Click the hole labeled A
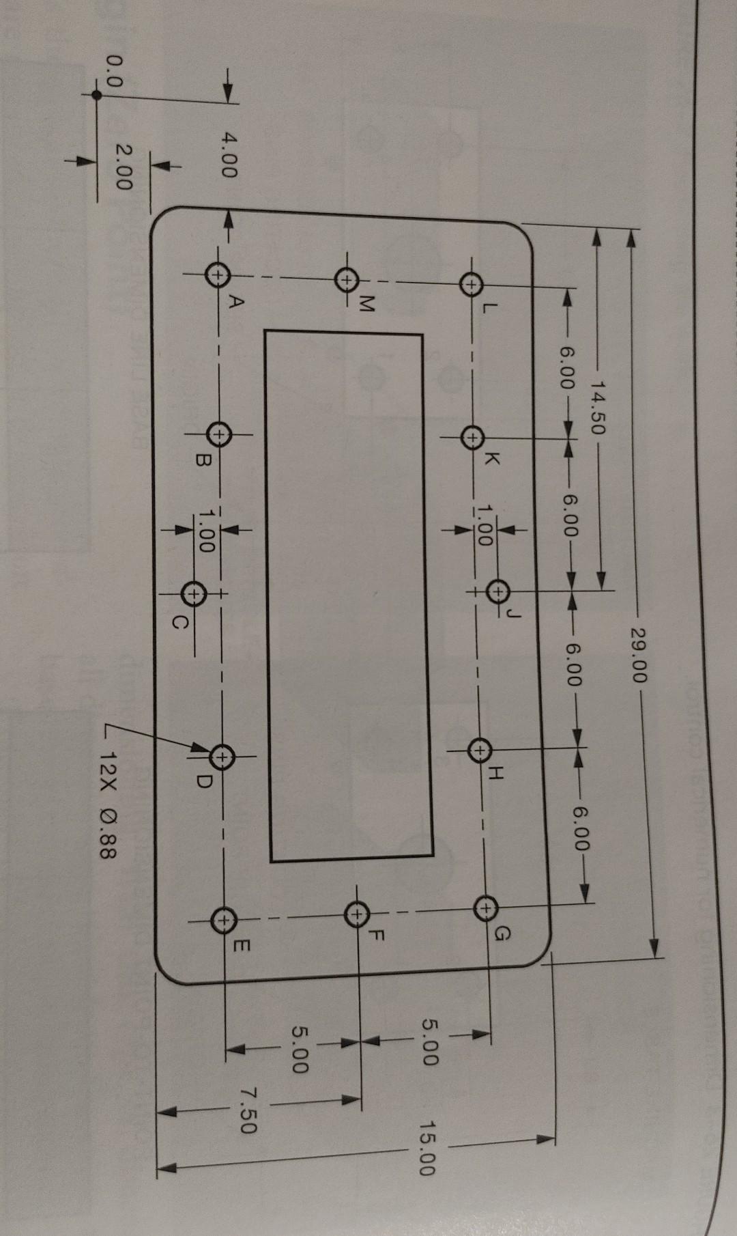click(217, 275)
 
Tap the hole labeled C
click(195, 593)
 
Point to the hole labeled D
click(222, 756)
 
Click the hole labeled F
click(356, 913)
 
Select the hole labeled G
click(484, 908)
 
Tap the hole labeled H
click(480, 750)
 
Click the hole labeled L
click(471, 283)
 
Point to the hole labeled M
click(347, 279)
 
